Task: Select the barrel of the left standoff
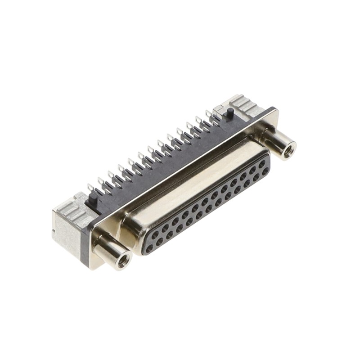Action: [x=108, y=250]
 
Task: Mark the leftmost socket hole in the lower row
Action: [x=149, y=247]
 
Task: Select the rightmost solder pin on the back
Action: [x=209, y=114]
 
